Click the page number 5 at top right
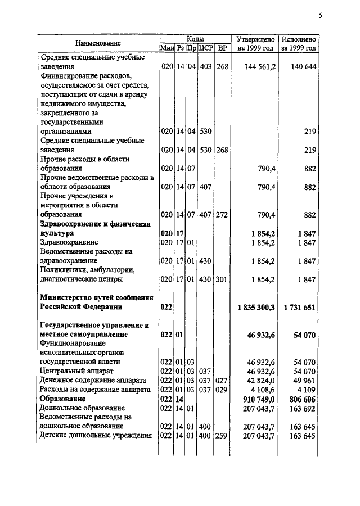[320, 15]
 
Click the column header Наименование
[98, 43]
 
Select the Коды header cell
[195, 38]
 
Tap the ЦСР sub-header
[205, 48]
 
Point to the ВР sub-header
[223, 48]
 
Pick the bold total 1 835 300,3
[256, 307]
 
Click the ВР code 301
[222, 279]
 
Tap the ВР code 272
[222, 215]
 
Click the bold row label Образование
[62, 398]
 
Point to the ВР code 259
[222, 435]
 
